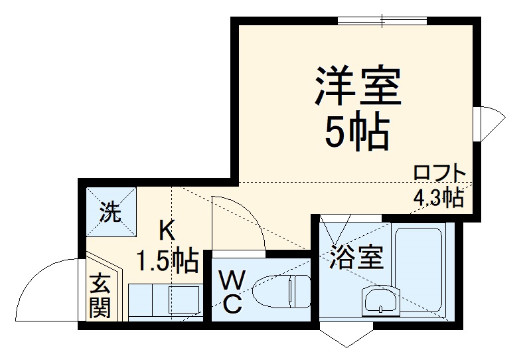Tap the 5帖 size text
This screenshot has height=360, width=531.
tap(356, 132)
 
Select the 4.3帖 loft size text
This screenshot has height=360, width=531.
tap(438, 197)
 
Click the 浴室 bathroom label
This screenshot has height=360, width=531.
tap(356, 258)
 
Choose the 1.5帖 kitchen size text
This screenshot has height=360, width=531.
tap(167, 260)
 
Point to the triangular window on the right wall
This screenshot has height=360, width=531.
tap(492, 123)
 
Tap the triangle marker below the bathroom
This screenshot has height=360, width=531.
tap(345, 336)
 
